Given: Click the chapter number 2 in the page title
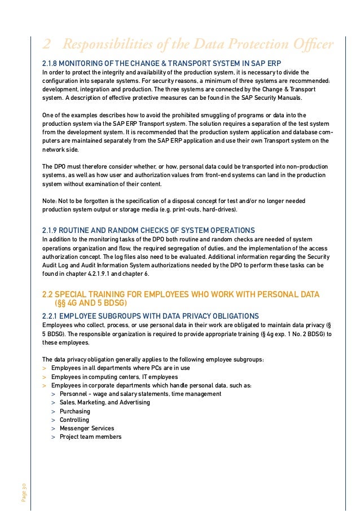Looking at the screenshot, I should tap(47, 45).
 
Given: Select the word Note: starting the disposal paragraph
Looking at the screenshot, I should tap(50, 201).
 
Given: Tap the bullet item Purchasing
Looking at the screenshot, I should tap(75, 411).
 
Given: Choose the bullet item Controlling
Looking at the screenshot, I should tap(74, 420).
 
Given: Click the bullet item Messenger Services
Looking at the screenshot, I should tap(87, 428).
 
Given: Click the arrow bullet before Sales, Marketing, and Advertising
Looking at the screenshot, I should tap(53, 403).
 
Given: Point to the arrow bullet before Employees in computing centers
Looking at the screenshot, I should tap(45, 377).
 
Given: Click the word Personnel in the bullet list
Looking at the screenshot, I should tap(73, 394).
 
